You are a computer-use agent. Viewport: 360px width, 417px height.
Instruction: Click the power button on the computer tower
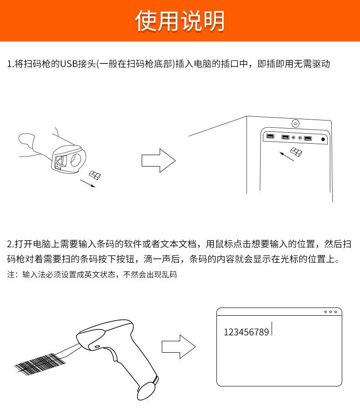point(295,123)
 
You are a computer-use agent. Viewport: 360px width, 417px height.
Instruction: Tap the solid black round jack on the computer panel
point(323,139)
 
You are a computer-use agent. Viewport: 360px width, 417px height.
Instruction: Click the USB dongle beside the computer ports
point(296,152)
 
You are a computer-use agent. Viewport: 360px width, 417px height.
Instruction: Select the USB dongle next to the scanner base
point(95,175)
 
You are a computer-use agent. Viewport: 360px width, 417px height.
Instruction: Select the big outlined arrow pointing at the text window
point(178,347)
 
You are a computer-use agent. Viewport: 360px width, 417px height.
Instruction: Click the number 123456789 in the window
point(246,332)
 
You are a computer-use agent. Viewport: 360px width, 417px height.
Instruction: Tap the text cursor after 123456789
point(272,329)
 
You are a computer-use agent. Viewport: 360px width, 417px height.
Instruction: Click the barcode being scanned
point(40,362)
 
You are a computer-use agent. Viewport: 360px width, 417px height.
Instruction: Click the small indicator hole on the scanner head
point(98,348)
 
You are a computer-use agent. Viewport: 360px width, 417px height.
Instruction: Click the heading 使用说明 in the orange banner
point(180,21)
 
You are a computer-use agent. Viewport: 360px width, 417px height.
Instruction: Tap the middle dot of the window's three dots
point(331,312)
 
